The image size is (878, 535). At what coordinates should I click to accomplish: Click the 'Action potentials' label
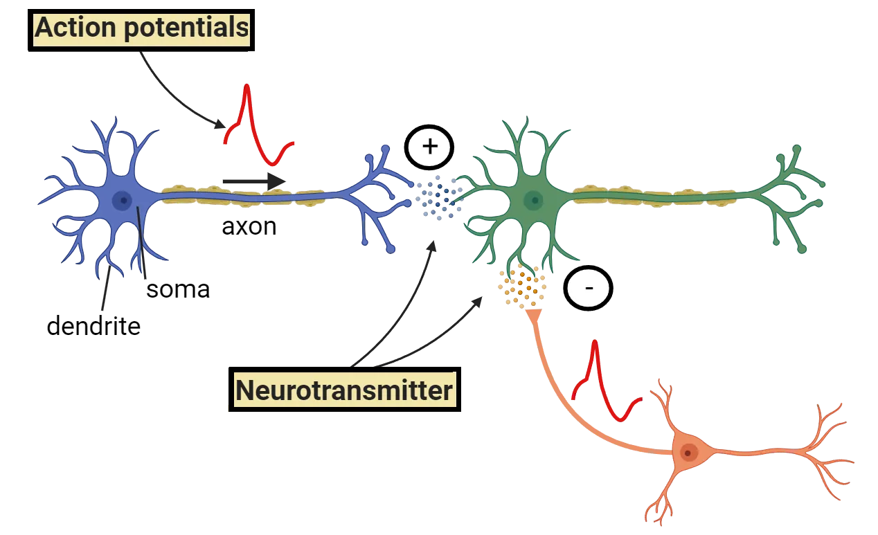coord(141,28)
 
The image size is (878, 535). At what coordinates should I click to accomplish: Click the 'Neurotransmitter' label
coord(344,390)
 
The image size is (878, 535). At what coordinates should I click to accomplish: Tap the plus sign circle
coord(429,147)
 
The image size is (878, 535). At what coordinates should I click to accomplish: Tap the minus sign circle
coord(588,288)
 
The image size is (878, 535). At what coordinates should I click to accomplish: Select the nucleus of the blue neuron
coord(123,201)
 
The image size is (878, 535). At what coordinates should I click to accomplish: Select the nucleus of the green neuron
coord(532,201)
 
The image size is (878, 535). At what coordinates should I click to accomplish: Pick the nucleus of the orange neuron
coord(688,453)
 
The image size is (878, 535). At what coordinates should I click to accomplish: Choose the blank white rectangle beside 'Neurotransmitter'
coord(514,393)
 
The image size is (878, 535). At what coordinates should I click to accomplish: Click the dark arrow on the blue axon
coord(253,181)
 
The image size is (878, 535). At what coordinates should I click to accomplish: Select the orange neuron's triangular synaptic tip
coord(533,316)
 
